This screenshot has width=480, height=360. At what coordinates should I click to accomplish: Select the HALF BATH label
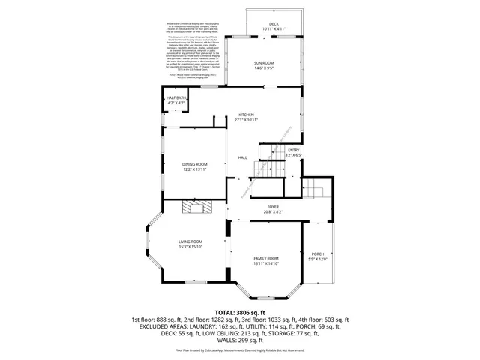point(177,99)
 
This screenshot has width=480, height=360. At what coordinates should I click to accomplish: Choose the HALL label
point(243,157)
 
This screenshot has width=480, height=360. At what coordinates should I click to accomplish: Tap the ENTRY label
point(293,150)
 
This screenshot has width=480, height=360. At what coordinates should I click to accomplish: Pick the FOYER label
point(273,207)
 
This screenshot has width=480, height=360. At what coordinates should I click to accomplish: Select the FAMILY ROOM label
point(266,258)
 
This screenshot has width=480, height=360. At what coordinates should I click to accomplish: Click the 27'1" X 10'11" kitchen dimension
point(246,120)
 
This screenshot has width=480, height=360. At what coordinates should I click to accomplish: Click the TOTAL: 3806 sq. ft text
point(240,311)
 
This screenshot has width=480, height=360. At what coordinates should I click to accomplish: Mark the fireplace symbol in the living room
point(200,208)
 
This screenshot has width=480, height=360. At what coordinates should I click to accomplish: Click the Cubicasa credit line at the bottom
point(240,349)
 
